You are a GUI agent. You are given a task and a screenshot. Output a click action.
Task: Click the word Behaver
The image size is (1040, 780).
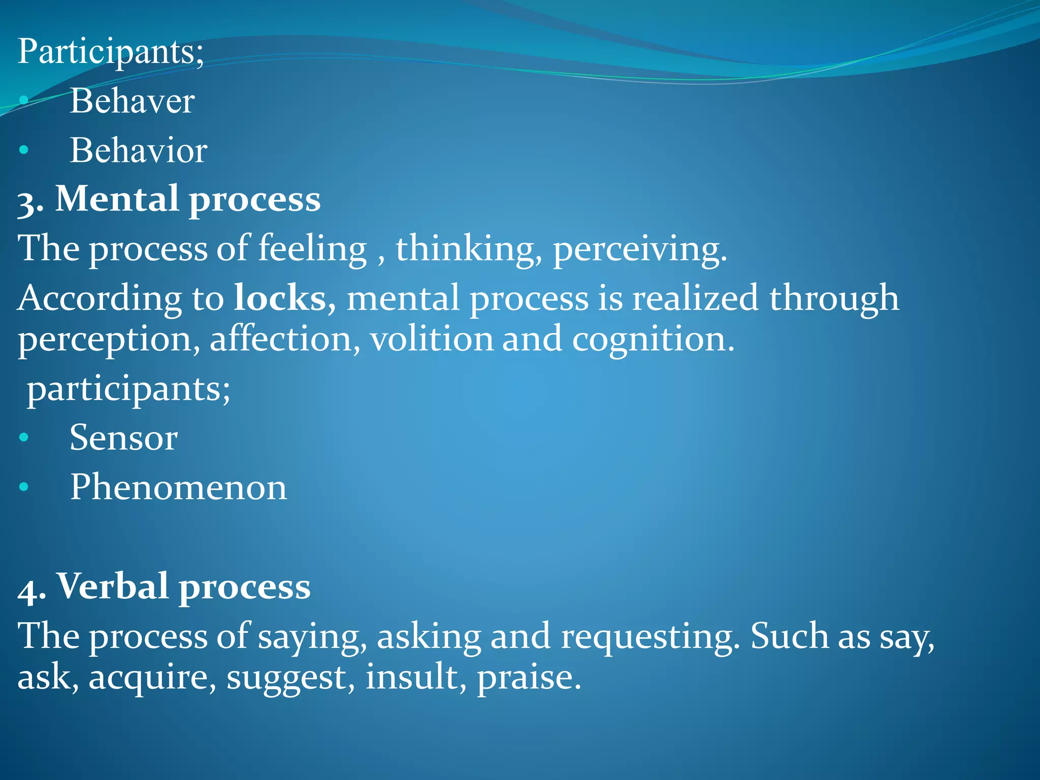coord(132,101)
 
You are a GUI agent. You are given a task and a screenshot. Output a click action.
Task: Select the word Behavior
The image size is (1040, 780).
coord(138,150)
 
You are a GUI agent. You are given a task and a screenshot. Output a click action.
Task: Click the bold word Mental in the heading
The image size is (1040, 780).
coord(116,199)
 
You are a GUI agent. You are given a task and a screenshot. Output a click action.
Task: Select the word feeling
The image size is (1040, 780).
coord(312,249)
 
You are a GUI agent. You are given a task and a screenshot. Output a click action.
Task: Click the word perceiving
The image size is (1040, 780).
coord(639,249)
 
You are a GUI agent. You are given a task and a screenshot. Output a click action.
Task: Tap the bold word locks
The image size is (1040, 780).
coord(280,298)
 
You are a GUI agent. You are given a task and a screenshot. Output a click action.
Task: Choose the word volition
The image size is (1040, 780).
coord(431,339)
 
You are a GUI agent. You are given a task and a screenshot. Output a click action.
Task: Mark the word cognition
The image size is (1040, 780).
coord(653,339)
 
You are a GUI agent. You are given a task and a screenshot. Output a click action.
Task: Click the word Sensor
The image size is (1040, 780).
coord(124,437)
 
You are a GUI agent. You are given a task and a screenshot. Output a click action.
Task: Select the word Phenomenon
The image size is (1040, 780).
coord(178,487)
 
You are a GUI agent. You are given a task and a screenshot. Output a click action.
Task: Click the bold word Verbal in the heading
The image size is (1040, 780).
coord(112,587)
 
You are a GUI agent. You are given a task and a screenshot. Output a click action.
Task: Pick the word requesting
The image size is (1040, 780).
coord(649,636)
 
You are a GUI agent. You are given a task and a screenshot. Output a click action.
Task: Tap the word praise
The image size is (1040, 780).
coord(528,677)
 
